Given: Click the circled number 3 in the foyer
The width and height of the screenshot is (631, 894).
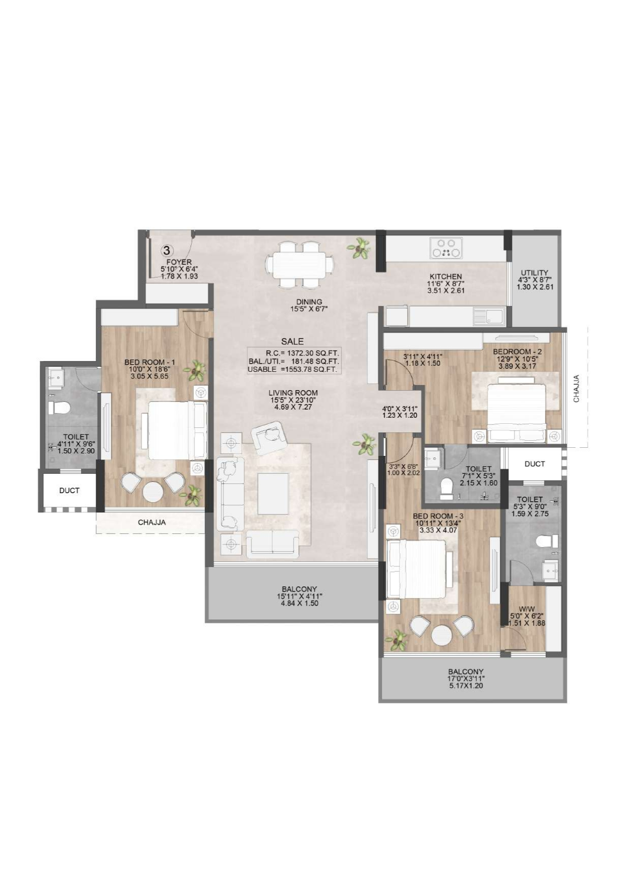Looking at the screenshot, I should tap(167, 250).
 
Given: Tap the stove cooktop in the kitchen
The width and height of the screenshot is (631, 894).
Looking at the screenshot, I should tap(446, 248).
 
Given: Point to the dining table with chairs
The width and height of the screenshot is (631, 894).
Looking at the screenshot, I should tap(299, 264).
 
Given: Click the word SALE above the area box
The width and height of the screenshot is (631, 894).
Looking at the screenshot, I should tap(293, 341).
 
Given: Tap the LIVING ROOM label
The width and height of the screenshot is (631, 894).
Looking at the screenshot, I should tap(293, 393).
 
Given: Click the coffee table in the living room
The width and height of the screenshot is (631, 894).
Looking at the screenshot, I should tap(273, 494).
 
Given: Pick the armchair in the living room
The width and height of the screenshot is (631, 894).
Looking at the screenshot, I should tap(268, 437).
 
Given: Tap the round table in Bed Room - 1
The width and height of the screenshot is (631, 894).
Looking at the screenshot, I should tap(152, 492).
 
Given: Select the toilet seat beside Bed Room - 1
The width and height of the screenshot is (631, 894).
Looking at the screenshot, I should tap(60, 408).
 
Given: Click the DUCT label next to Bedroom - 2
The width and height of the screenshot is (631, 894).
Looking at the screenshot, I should tap(534, 464).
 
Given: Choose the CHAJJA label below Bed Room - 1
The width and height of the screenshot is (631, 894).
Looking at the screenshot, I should tap(152, 522).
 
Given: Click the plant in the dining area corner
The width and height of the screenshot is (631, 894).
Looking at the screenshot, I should tap(360, 248).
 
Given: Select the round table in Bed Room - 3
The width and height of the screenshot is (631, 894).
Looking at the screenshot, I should tap(441, 635).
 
